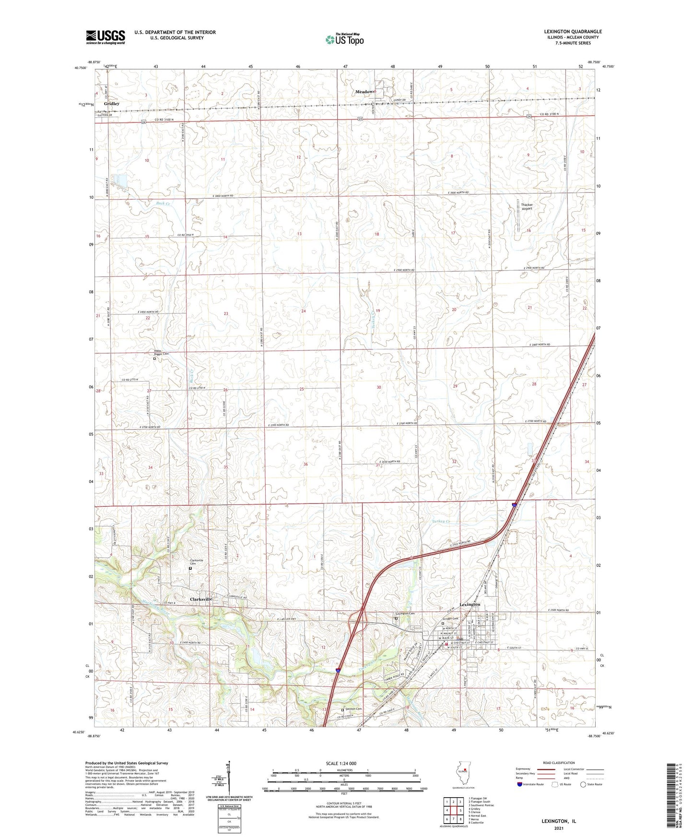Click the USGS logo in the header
click(x=105, y=37)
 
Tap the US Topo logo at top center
click(x=343, y=39)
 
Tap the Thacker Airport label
click(x=527, y=207)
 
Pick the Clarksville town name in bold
click(x=201, y=599)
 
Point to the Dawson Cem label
click(x=354, y=709)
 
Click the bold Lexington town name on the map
click(x=470, y=604)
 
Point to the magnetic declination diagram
click(x=229, y=787)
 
